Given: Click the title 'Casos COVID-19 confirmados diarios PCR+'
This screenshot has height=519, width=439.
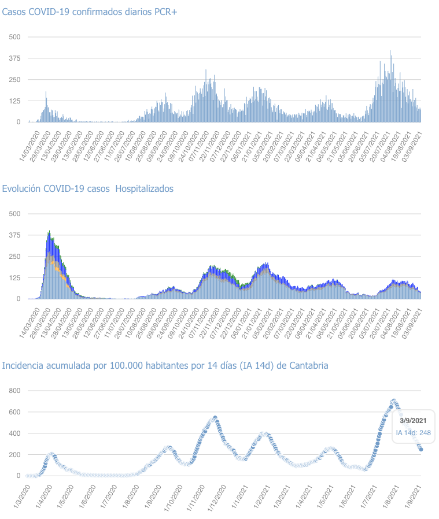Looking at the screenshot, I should [x=90, y=13].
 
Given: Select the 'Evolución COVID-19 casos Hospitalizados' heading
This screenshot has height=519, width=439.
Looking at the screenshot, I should [x=88, y=189].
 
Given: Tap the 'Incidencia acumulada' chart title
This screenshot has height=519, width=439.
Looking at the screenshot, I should [x=165, y=365].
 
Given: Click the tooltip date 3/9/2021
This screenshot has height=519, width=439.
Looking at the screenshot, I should [x=412, y=421].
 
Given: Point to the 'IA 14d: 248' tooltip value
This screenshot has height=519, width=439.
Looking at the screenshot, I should [x=413, y=432].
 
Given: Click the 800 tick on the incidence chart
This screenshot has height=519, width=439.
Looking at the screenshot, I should [x=14, y=391].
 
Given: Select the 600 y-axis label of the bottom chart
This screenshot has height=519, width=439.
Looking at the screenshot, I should [x=14, y=412].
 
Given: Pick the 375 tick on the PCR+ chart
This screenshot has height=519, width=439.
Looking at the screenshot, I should [x=14, y=58].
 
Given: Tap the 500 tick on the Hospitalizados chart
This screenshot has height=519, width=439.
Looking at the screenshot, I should [x=14, y=214].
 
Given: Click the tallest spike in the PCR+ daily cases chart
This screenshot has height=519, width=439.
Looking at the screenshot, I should [x=390, y=51].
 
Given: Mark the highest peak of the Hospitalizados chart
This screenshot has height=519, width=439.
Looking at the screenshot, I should [x=49, y=232].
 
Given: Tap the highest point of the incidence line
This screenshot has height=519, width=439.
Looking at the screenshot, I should [x=393, y=400].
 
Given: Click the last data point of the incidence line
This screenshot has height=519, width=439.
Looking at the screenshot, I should [x=420, y=449].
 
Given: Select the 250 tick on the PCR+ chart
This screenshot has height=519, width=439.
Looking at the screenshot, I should [x=14, y=80].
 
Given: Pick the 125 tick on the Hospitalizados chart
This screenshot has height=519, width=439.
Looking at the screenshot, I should [x=14, y=277].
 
